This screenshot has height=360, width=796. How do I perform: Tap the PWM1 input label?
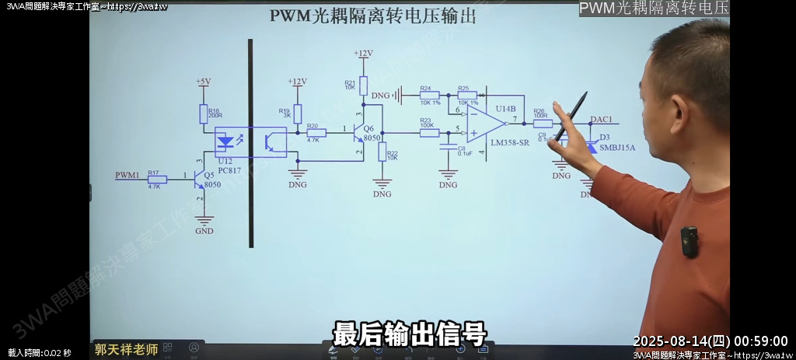coord(127,175)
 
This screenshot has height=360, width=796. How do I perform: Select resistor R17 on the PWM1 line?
coord(157,179)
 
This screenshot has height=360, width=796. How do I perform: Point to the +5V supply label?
coord(203,82)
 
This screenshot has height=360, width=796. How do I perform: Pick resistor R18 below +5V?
coord(204,114)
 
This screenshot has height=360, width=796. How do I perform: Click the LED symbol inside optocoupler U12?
coord(226,142)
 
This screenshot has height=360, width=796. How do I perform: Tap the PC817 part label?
coord(228,169)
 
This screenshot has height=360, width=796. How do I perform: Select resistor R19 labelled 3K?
coord(297,114)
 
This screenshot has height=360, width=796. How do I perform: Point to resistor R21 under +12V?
coord(363,86)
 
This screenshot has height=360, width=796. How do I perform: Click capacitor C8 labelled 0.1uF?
coord(448,149)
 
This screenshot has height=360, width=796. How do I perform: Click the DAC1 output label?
coord(601,120)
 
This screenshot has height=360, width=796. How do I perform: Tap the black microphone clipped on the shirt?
coord(688,242)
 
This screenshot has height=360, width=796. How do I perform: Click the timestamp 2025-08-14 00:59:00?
coord(710,341)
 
